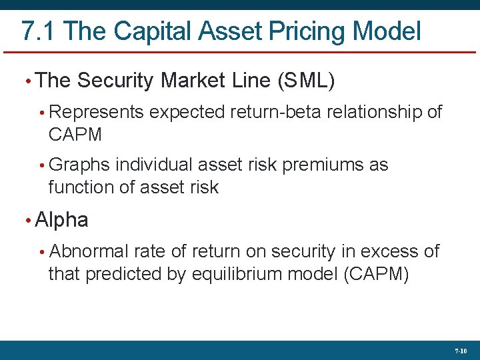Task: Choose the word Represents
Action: [97, 112]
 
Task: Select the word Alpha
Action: [61, 220]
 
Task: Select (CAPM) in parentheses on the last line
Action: [375, 274]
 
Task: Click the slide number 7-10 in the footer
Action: [461, 350]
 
